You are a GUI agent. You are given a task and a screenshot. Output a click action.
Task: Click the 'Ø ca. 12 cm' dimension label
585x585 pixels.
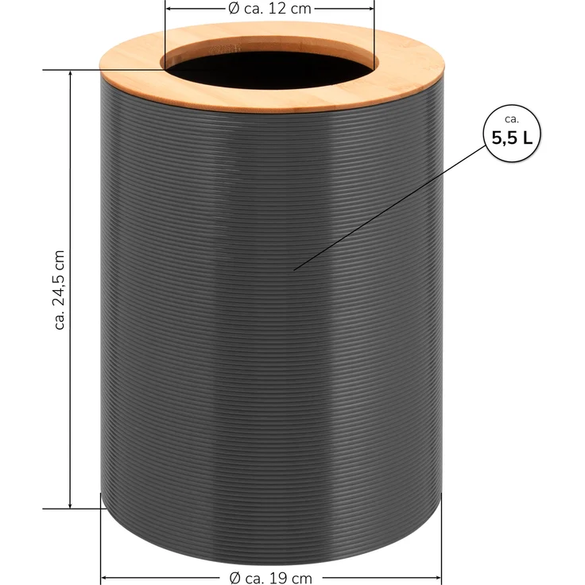[x=269, y=8]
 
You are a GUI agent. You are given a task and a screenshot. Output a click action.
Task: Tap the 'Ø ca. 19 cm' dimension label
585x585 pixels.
[x=270, y=579]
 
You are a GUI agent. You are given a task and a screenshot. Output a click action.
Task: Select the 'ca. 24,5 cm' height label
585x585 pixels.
[x=60, y=290]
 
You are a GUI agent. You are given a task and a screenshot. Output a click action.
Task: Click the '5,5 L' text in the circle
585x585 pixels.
[x=512, y=138]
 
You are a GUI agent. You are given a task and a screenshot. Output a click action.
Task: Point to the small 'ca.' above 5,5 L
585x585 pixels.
[x=512, y=119]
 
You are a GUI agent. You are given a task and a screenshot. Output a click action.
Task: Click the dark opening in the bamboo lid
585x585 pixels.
[x=269, y=70]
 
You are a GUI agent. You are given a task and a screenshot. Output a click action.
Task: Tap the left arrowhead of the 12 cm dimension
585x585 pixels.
[x=169, y=8]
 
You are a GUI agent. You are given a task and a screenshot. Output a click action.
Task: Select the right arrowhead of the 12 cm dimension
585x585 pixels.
[x=370, y=8]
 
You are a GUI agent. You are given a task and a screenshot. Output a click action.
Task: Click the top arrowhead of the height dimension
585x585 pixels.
[x=70, y=74]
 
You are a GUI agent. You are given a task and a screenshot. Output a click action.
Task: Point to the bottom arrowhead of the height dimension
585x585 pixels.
[x=70, y=505]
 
